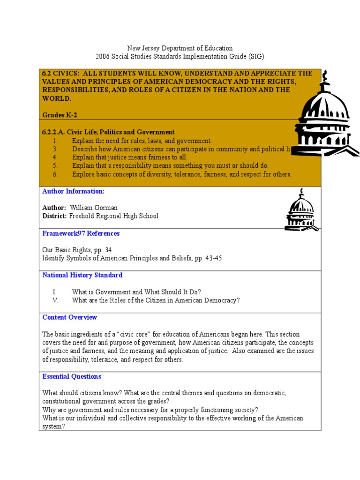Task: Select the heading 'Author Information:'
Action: [x=74, y=191]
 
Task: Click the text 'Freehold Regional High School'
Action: [x=114, y=216]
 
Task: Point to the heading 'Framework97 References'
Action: [x=81, y=233]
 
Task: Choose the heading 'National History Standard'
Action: [x=82, y=275]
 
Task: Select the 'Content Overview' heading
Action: [x=70, y=317]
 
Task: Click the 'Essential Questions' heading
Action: [x=72, y=376]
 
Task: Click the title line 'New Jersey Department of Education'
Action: [x=180, y=48]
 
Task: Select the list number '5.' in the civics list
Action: [x=55, y=166]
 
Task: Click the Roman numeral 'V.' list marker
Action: [x=55, y=300]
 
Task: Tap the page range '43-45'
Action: [x=212, y=258]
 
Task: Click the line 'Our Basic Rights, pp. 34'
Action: [x=77, y=250]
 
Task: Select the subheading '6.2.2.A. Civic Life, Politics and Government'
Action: [x=109, y=132]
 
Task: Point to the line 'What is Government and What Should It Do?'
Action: [x=136, y=292]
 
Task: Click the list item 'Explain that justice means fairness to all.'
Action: [x=129, y=157]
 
